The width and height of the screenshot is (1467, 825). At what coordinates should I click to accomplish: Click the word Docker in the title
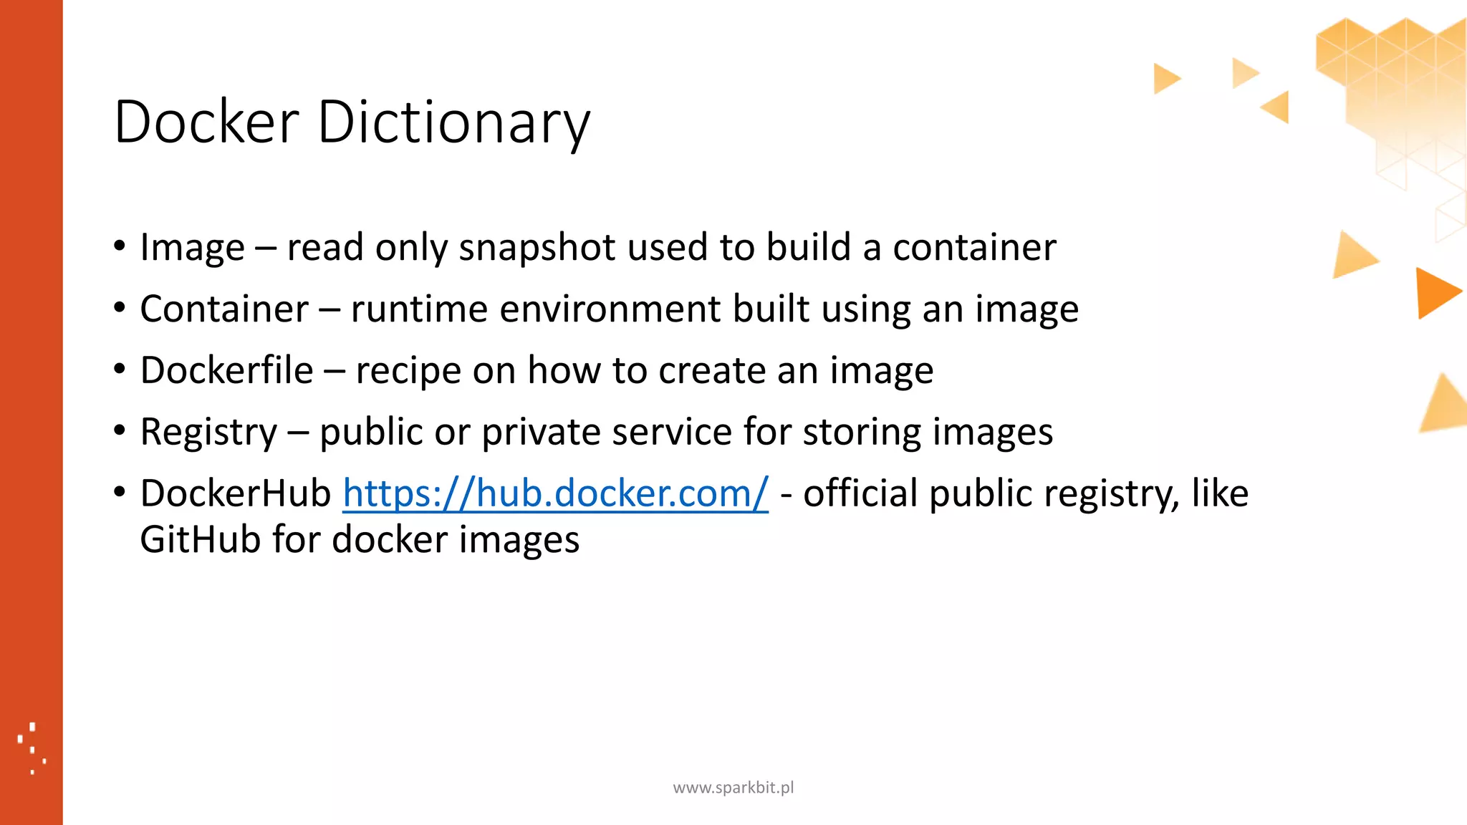click(206, 122)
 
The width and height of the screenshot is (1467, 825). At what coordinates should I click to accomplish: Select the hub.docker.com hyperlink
click(555, 493)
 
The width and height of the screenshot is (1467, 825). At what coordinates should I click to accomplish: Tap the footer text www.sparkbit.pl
click(733, 788)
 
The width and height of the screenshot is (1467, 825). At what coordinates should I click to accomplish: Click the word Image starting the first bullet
click(192, 248)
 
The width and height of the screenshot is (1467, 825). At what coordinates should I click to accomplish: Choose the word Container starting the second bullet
click(224, 309)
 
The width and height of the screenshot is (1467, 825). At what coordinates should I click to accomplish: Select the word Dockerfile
click(226, 370)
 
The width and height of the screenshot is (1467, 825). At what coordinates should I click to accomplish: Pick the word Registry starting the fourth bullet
click(208, 433)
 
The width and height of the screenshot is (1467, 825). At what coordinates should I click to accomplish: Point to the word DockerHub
click(235, 493)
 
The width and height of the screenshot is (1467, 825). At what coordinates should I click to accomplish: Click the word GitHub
click(200, 539)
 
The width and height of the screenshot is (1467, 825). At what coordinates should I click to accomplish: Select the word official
click(860, 493)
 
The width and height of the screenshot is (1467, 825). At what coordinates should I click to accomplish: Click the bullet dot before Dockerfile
click(120, 370)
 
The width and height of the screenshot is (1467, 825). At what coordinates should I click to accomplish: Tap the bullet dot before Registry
click(120, 431)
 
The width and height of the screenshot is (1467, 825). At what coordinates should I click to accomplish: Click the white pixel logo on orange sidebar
click(32, 748)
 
